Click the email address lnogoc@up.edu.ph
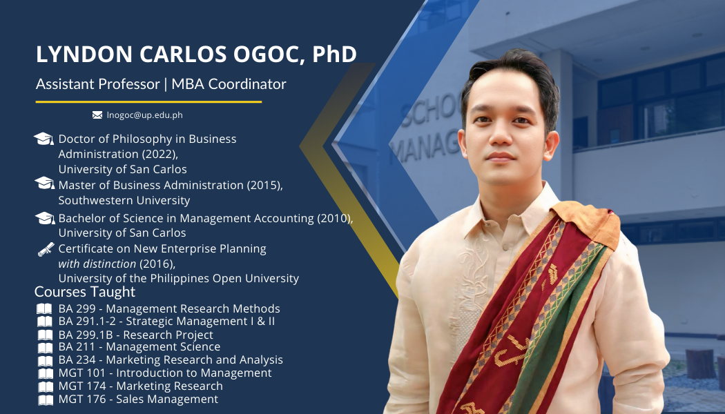click(x=145, y=115)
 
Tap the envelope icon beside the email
click(x=97, y=115)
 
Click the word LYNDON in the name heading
click(x=84, y=54)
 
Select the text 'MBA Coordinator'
click(x=229, y=84)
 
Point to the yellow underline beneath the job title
click(x=148, y=101)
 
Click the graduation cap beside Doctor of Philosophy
click(x=44, y=139)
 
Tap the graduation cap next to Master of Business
click(x=44, y=183)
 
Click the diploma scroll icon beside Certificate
click(x=46, y=249)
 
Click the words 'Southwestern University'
click(x=124, y=200)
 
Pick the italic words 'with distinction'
click(x=97, y=264)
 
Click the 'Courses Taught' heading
click(x=85, y=292)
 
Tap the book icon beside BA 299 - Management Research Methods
click(x=44, y=308)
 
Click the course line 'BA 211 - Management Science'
click(x=139, y=346)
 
